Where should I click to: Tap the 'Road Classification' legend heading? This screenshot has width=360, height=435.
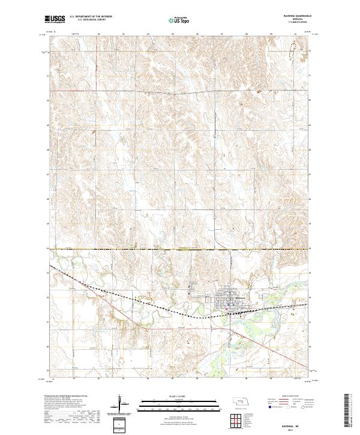(x=289, y=397)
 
